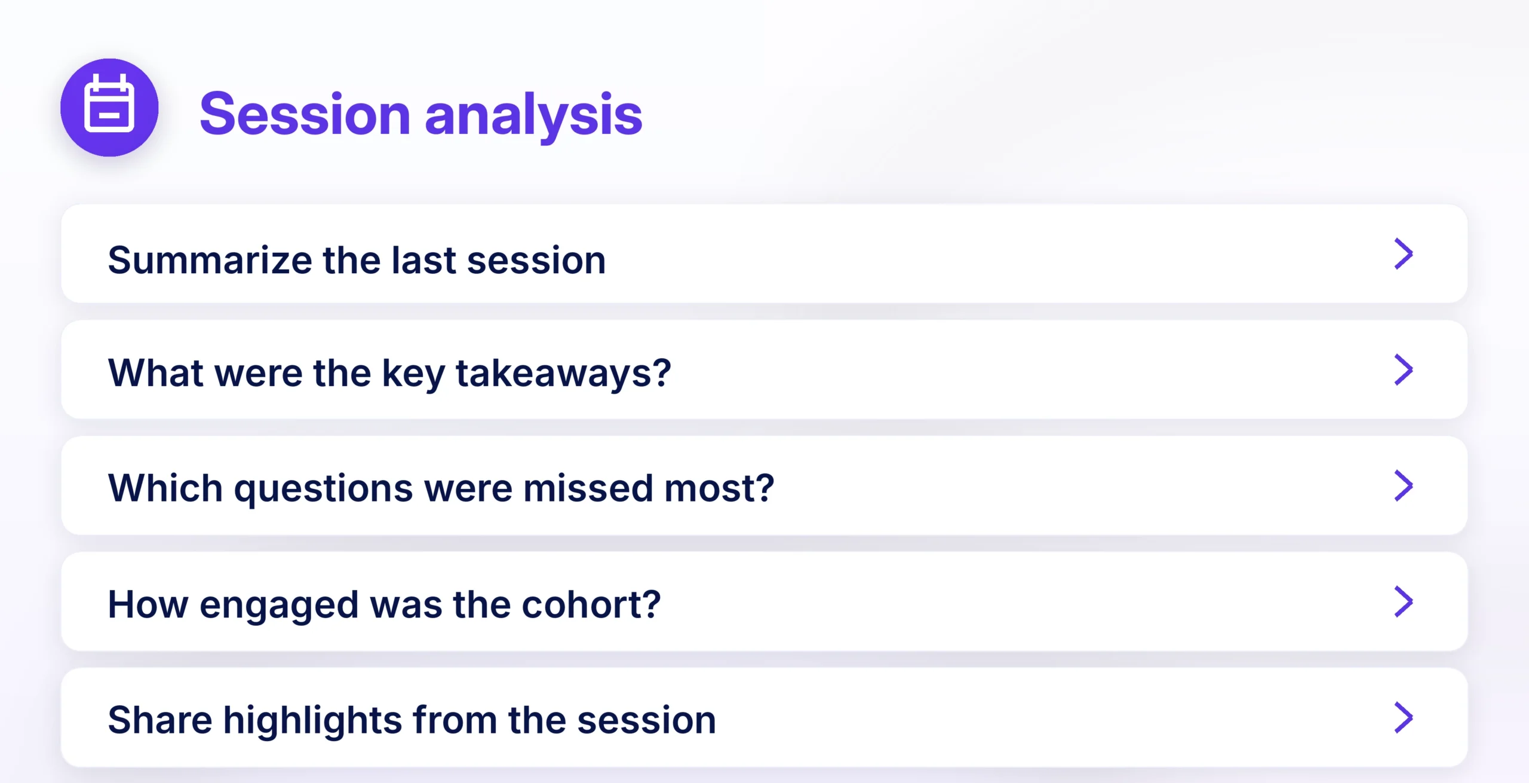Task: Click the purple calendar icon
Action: (x=109, y=108)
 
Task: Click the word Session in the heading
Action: (x=305, y=114)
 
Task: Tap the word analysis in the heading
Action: (x=533, y=117)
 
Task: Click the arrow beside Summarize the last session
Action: (x=1403, y=254)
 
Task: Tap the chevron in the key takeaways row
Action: (x=1403, y=370)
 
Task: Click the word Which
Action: (x=165, y=488)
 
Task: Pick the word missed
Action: (x=588, y=488)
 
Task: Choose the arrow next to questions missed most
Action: (x=1403, y=485)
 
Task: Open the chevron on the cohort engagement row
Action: (x=1403, y=601)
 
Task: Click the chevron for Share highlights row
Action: (x=1403, y=717)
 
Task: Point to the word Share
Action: (x=160, y=720)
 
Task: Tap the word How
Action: (x=148, y=604)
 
